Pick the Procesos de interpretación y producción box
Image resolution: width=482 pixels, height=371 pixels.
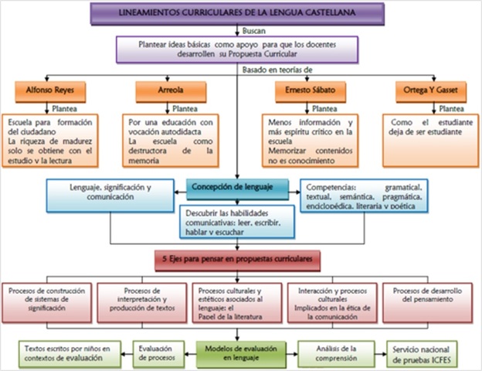pyautogui.click(x=141, y=300)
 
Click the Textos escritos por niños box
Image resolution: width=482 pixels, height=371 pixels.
pyautogui.click(x=63, y=353)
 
